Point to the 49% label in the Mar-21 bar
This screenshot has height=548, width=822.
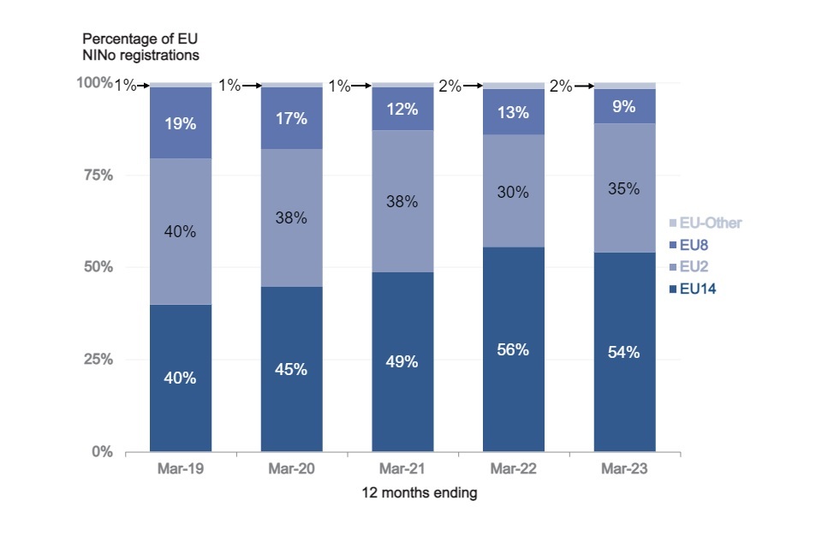tap(402, 361)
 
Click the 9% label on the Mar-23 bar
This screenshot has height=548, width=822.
tap(624, 108)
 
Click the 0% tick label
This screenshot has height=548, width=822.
tap(103, 451)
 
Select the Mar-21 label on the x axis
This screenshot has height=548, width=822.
tap(402, 471)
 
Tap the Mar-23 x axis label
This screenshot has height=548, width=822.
tap(624, 471)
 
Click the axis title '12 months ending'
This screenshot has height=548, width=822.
tap(402, 493)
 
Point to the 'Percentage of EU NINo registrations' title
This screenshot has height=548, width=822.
tap(141, 47)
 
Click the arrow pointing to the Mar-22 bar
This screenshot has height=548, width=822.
tap(474, 86)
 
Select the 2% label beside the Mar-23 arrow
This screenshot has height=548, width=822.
tap(560, 86)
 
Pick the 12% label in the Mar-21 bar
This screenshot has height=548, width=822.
tap(402, 110)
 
